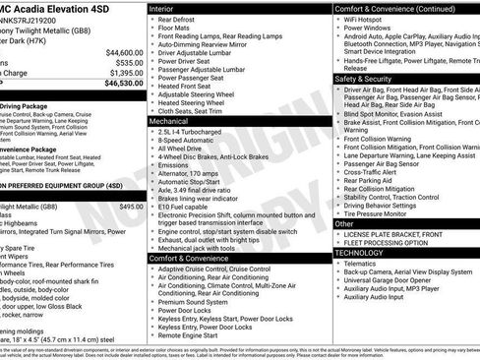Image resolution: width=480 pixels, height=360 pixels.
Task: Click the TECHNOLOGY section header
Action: [x=361, y=253]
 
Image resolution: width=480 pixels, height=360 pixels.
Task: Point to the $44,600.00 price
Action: [x=124, y=51]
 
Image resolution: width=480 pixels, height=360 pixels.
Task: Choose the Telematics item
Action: [x=363, y=264]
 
